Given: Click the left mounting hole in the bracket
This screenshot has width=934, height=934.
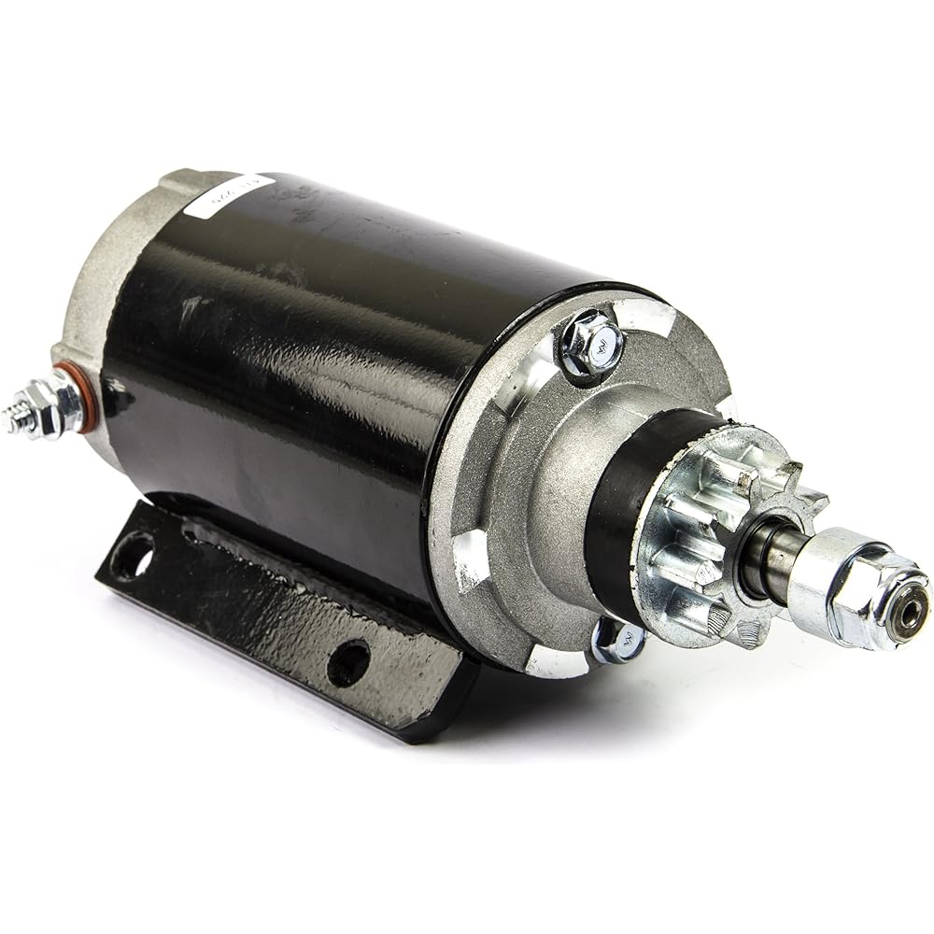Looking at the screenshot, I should [133, 555].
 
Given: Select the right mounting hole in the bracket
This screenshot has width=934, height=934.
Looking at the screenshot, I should [348, 662].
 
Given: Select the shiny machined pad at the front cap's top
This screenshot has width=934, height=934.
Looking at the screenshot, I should [654, 318].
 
